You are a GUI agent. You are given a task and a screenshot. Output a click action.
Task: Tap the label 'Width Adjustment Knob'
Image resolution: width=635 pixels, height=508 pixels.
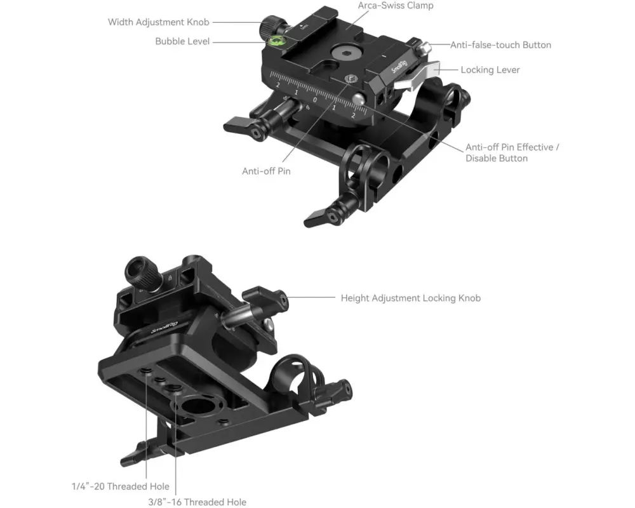[158, 22]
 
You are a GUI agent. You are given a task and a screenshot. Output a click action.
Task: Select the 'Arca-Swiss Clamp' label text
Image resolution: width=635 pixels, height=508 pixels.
[396, 6]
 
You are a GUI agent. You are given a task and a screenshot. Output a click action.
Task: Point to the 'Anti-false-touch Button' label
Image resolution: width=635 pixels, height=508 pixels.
[500, 45]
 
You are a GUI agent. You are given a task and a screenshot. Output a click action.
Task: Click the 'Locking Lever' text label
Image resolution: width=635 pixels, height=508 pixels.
[490, 70]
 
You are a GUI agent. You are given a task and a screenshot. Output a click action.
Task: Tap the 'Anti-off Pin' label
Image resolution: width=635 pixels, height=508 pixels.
[266, 171]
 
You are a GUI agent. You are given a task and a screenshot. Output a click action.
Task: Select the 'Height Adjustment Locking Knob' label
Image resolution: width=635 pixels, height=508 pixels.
[411, 298]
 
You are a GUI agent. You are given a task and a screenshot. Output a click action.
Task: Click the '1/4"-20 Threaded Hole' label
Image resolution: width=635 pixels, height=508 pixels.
[120, 486]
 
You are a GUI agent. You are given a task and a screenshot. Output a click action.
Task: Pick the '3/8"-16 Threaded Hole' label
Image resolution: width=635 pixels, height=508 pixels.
[197, 502]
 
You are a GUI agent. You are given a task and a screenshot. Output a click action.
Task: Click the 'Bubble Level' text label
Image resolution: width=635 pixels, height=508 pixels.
[182, 41]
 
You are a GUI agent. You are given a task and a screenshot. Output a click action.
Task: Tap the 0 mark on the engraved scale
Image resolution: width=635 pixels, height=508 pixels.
[315, 99]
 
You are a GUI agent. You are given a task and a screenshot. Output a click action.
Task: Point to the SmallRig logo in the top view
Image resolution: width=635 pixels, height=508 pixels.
[399, 66]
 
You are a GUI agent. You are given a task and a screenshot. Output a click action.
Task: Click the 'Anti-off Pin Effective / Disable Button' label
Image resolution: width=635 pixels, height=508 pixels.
[512, 153]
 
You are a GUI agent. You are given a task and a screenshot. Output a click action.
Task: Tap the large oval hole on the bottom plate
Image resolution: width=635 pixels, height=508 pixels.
[197, 406]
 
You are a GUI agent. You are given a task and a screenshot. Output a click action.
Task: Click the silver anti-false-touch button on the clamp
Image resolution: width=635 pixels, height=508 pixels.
[424, 48]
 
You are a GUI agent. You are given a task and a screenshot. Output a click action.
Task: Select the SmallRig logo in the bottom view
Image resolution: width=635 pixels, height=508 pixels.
[164, 327]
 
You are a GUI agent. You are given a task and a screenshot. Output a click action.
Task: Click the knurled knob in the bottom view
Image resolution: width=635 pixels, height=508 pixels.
[142, 273]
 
